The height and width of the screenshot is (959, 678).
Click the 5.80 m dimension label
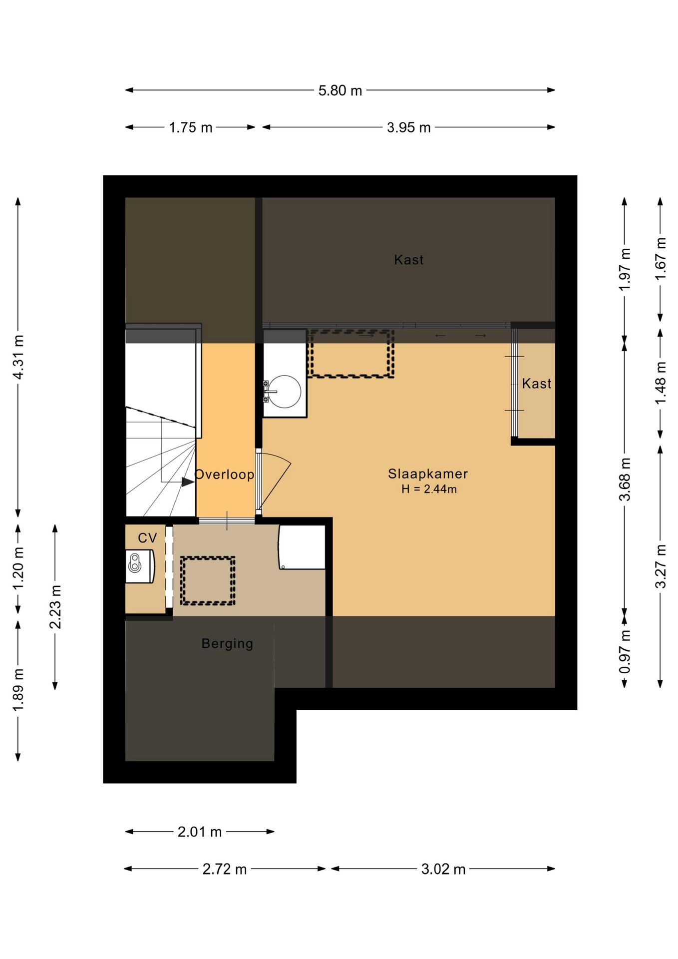340,90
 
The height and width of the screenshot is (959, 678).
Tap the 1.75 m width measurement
191,127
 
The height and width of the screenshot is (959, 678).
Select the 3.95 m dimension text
408,127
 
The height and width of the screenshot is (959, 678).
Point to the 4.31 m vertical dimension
18,357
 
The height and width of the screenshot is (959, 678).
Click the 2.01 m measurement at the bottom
200,832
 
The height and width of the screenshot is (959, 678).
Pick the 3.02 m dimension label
443,869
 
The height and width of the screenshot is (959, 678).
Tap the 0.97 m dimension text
625,651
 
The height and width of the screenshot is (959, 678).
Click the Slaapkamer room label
428,474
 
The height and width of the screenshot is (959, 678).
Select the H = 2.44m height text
429,489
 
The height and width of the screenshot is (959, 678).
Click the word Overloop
224,474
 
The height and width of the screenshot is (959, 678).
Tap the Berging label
227,643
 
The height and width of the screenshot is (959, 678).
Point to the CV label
147,538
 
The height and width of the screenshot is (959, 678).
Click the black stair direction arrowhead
188,482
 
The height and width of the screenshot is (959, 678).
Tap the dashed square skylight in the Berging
208,581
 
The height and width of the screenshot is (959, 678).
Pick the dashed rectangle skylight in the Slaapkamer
351,353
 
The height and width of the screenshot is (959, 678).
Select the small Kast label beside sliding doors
537,384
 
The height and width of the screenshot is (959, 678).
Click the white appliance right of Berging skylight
302,547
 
